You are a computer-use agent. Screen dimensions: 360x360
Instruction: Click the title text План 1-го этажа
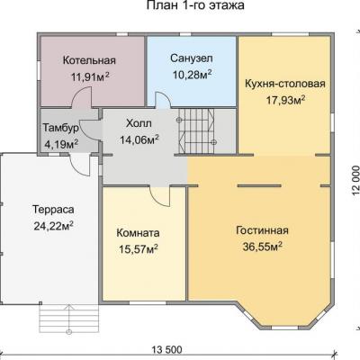coord(195,5)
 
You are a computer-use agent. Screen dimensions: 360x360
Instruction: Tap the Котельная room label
coord(89,60)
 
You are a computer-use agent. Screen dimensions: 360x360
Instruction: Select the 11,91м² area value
coord(90,76)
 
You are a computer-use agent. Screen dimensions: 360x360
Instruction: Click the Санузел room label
coord(192,58)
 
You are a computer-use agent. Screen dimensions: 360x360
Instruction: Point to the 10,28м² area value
coord(192,75)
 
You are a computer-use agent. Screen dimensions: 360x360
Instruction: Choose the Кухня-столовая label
coord(285,84)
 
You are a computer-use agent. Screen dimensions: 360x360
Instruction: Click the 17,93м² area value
coord(286,100)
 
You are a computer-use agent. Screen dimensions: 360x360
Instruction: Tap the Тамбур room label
coord(61,128)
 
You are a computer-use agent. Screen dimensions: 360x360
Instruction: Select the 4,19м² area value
coord(61,144)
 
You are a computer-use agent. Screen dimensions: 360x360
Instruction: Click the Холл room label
coord(139,123)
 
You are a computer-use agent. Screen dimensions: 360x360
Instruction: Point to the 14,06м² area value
coord(139,139)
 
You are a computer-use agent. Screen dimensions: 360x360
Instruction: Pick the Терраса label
coord(53,210)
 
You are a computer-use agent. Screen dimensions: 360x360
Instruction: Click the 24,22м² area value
coord(54,226)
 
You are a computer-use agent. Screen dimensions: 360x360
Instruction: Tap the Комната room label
coord(138,233)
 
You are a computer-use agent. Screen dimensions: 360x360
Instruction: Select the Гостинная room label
coord(262,230)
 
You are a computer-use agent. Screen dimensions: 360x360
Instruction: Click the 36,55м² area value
coord(263,247)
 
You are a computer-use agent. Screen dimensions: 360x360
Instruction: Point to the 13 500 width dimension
coord(166,349)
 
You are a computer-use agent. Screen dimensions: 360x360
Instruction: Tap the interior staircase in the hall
coord(196,130)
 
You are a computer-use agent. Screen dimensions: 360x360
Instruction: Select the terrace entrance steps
coord(69,318)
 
